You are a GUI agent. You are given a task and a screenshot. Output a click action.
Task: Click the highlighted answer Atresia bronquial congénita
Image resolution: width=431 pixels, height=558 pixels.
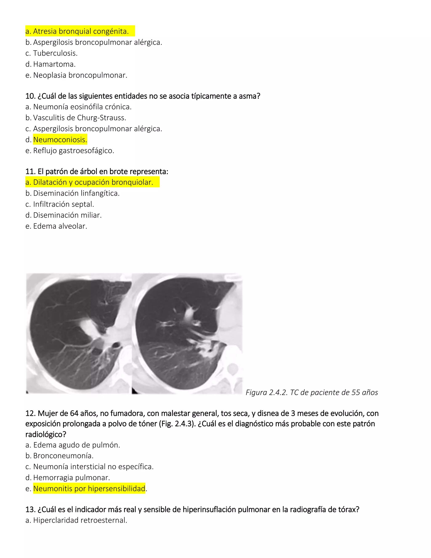(80, 31)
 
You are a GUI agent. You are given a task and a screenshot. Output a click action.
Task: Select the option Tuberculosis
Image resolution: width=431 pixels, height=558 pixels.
(55, 53)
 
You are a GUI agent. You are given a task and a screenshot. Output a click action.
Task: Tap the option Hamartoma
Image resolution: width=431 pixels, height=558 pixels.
(54, 64)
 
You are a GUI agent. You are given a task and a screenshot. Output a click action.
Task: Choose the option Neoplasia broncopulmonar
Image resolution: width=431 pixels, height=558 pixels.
(80, 75)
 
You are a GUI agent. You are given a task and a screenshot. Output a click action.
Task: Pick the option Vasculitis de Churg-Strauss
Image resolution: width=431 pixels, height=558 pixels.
(79, 117)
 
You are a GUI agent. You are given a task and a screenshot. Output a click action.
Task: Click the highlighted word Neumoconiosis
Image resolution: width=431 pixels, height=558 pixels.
(60, 139)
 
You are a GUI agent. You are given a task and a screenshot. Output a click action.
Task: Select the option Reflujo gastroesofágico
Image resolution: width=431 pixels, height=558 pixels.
(73, 151)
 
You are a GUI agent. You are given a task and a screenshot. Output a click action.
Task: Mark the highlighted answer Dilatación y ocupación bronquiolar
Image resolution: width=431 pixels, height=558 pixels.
(93, 182)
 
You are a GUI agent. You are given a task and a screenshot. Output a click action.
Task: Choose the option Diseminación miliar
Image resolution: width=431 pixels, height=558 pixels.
(67, 215)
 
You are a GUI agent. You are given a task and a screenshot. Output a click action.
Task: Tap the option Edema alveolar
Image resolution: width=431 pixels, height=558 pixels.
(60, 226)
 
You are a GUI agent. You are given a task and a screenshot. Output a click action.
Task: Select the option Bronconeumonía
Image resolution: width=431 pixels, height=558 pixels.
(63, 455)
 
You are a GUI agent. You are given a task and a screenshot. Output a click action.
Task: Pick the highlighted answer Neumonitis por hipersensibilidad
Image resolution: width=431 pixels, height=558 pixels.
(89, 489)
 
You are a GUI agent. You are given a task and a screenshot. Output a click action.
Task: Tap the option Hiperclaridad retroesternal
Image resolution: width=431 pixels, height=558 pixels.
(80, 520)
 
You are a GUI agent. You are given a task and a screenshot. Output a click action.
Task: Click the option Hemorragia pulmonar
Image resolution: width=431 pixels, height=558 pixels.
(71, 478)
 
